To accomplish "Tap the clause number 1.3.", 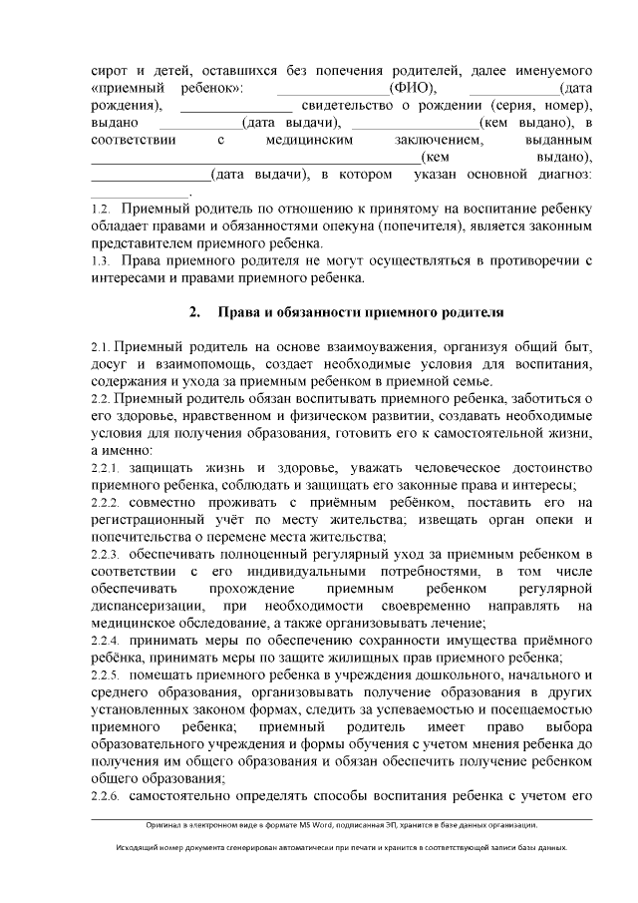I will click(99, 261).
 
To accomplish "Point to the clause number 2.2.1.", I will click(105, 468).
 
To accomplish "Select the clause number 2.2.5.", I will click(105, 677).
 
